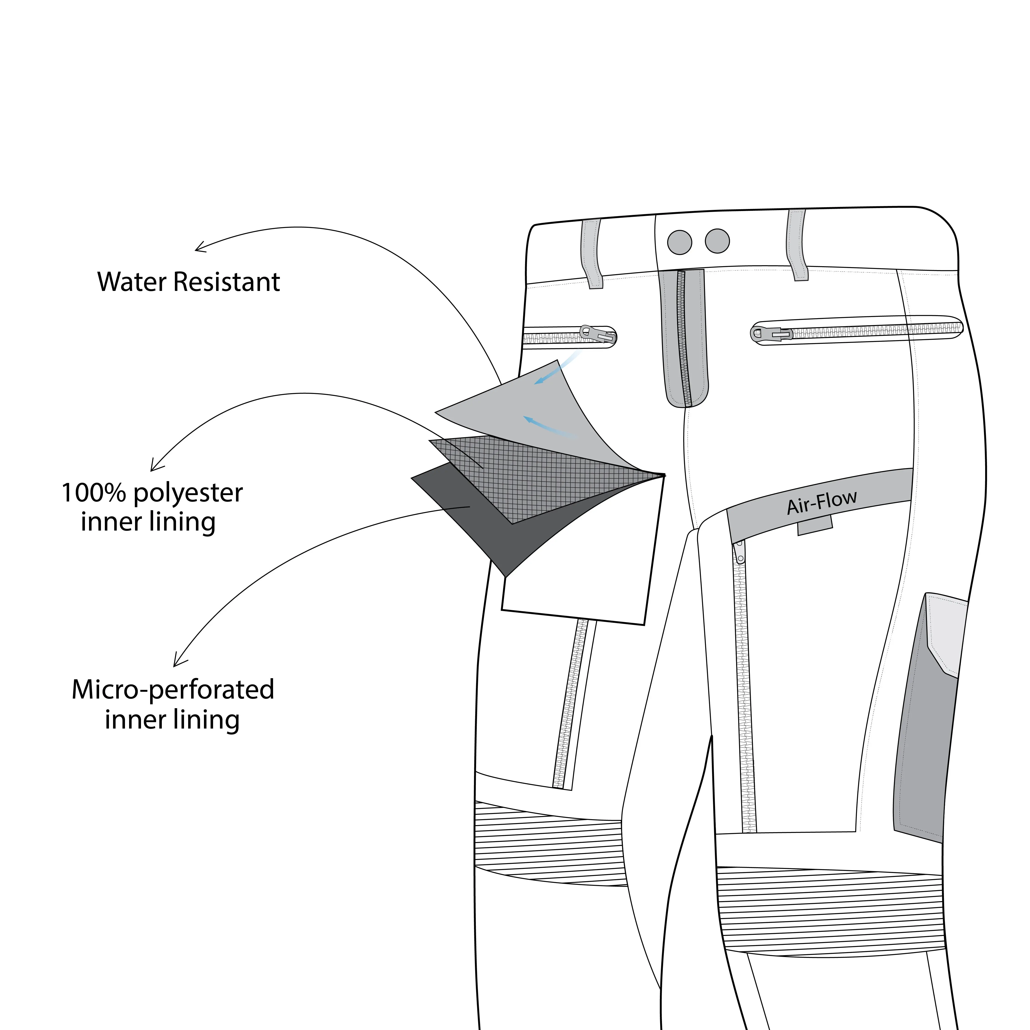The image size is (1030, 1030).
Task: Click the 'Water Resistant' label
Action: pos(189,282)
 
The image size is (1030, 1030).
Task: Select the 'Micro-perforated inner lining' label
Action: pos(173,704)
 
